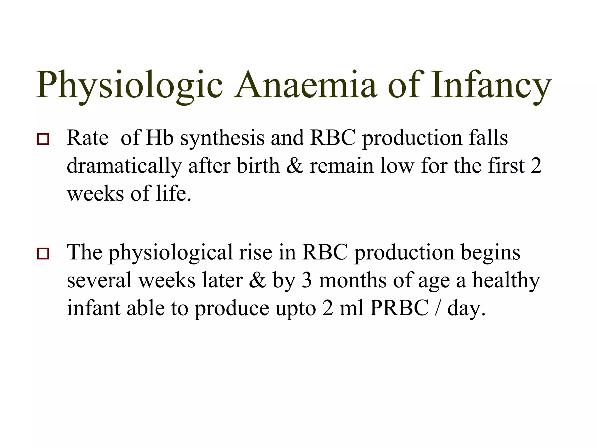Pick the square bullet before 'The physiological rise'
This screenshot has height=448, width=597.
click(x=43, y=253)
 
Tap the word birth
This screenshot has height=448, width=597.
click(x=258, y=166)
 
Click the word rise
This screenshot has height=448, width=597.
click(x=255, y=252)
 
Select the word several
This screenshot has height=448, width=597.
click(x=99, y=280)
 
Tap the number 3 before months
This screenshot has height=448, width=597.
click(x=306, y=280)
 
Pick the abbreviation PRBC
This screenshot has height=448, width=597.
click(x=399, y=308)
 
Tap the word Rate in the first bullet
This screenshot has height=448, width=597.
click(x=88, y=138)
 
